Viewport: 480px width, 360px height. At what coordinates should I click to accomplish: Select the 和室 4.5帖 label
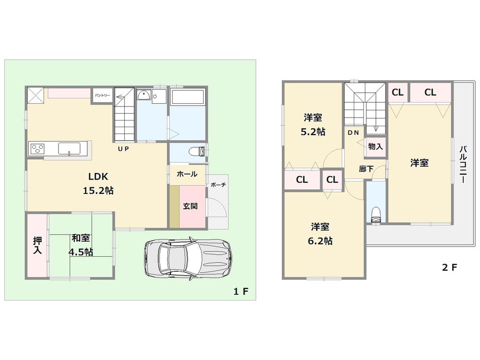[x=82, y=245]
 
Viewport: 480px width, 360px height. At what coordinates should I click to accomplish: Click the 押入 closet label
[x=37, y=245]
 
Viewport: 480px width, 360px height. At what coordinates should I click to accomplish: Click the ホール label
[x=187, y=174]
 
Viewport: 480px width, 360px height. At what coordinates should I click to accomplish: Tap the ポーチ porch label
[x=218, y=185]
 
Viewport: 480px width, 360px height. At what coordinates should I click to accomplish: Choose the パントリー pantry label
[x=102, y=96]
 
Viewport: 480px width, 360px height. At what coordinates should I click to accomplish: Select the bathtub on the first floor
[x=188, y=97]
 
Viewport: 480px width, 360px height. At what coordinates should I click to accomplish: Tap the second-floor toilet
[x=376, y=214]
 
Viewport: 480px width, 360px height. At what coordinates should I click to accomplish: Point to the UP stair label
[x=123, y=149]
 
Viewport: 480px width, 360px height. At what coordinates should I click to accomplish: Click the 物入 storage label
[x=375, y=146]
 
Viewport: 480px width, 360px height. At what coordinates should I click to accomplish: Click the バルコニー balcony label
[x=463, y=165]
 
